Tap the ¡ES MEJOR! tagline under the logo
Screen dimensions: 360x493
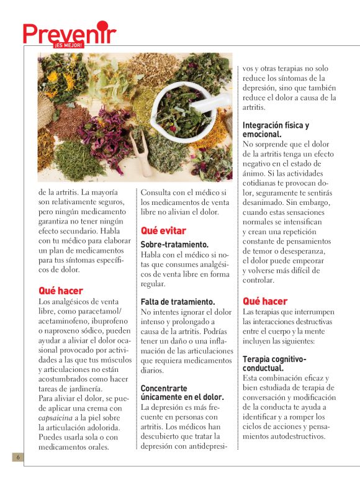click(68, 45)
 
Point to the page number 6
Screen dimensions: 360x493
click(19, 458)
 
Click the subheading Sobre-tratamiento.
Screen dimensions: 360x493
click(174, 245)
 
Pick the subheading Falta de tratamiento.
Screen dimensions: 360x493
click(178, 301)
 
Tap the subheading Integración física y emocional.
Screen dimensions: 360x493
click(276, 129)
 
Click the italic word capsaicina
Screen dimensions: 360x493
click(57, 418)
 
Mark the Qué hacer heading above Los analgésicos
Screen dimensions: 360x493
click(60, 291)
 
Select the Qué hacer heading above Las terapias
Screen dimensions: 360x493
click(265, 301)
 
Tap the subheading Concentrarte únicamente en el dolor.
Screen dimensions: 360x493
click(182, 392)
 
